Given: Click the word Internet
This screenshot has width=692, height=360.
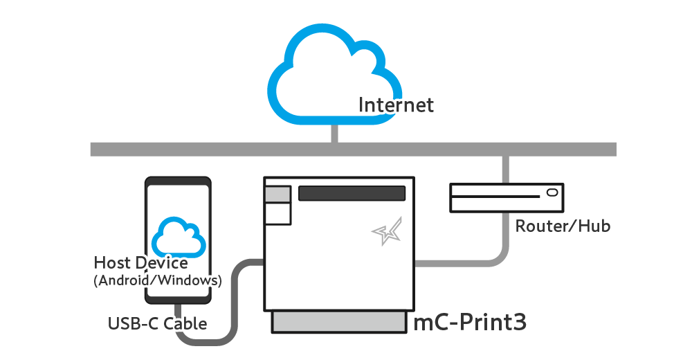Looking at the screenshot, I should pos(396,105).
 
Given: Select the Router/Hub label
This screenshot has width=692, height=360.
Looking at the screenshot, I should pos(563,226).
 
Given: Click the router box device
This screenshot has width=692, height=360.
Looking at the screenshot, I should pos(506,197).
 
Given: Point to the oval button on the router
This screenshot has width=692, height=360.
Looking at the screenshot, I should pos(552,192).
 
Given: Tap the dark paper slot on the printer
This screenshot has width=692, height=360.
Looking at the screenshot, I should pos(352,193).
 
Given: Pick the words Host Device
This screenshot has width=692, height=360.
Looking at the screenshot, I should pos(140,263).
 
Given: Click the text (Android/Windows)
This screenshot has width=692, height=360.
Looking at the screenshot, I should pos(157,281).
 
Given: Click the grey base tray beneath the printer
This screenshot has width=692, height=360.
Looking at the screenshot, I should pos(338,321).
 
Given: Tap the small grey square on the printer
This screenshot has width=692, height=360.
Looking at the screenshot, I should pos(277,195).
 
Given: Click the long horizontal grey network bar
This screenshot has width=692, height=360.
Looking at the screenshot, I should pos(208,149).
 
